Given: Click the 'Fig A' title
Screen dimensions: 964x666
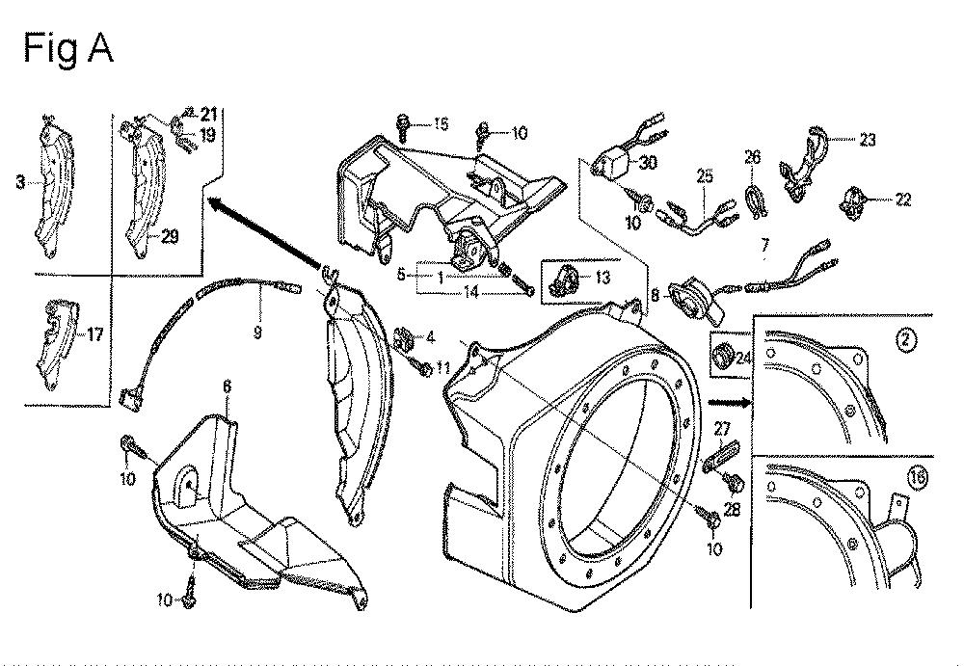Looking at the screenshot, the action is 68,48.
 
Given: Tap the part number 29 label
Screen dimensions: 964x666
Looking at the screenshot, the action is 169,236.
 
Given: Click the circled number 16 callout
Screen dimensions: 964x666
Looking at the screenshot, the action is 916,478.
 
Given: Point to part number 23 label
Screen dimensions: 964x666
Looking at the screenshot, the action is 867,140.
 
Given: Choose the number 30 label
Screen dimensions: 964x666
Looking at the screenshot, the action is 648,162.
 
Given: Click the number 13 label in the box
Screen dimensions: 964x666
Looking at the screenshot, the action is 602,278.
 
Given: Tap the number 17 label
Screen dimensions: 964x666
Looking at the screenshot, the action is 94,334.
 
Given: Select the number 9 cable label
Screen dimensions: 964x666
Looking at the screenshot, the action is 257,333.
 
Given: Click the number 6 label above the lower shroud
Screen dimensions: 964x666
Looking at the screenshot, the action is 228,386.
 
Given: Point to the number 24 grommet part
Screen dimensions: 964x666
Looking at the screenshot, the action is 723,355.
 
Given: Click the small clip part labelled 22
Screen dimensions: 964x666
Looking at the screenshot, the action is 851,200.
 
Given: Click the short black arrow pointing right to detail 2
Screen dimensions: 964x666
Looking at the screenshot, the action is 730,404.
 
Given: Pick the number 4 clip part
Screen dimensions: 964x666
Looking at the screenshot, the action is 404,337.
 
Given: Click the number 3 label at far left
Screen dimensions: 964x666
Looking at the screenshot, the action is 21,182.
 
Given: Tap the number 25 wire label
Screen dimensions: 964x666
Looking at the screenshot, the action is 705,176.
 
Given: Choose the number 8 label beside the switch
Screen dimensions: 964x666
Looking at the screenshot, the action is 656,295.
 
